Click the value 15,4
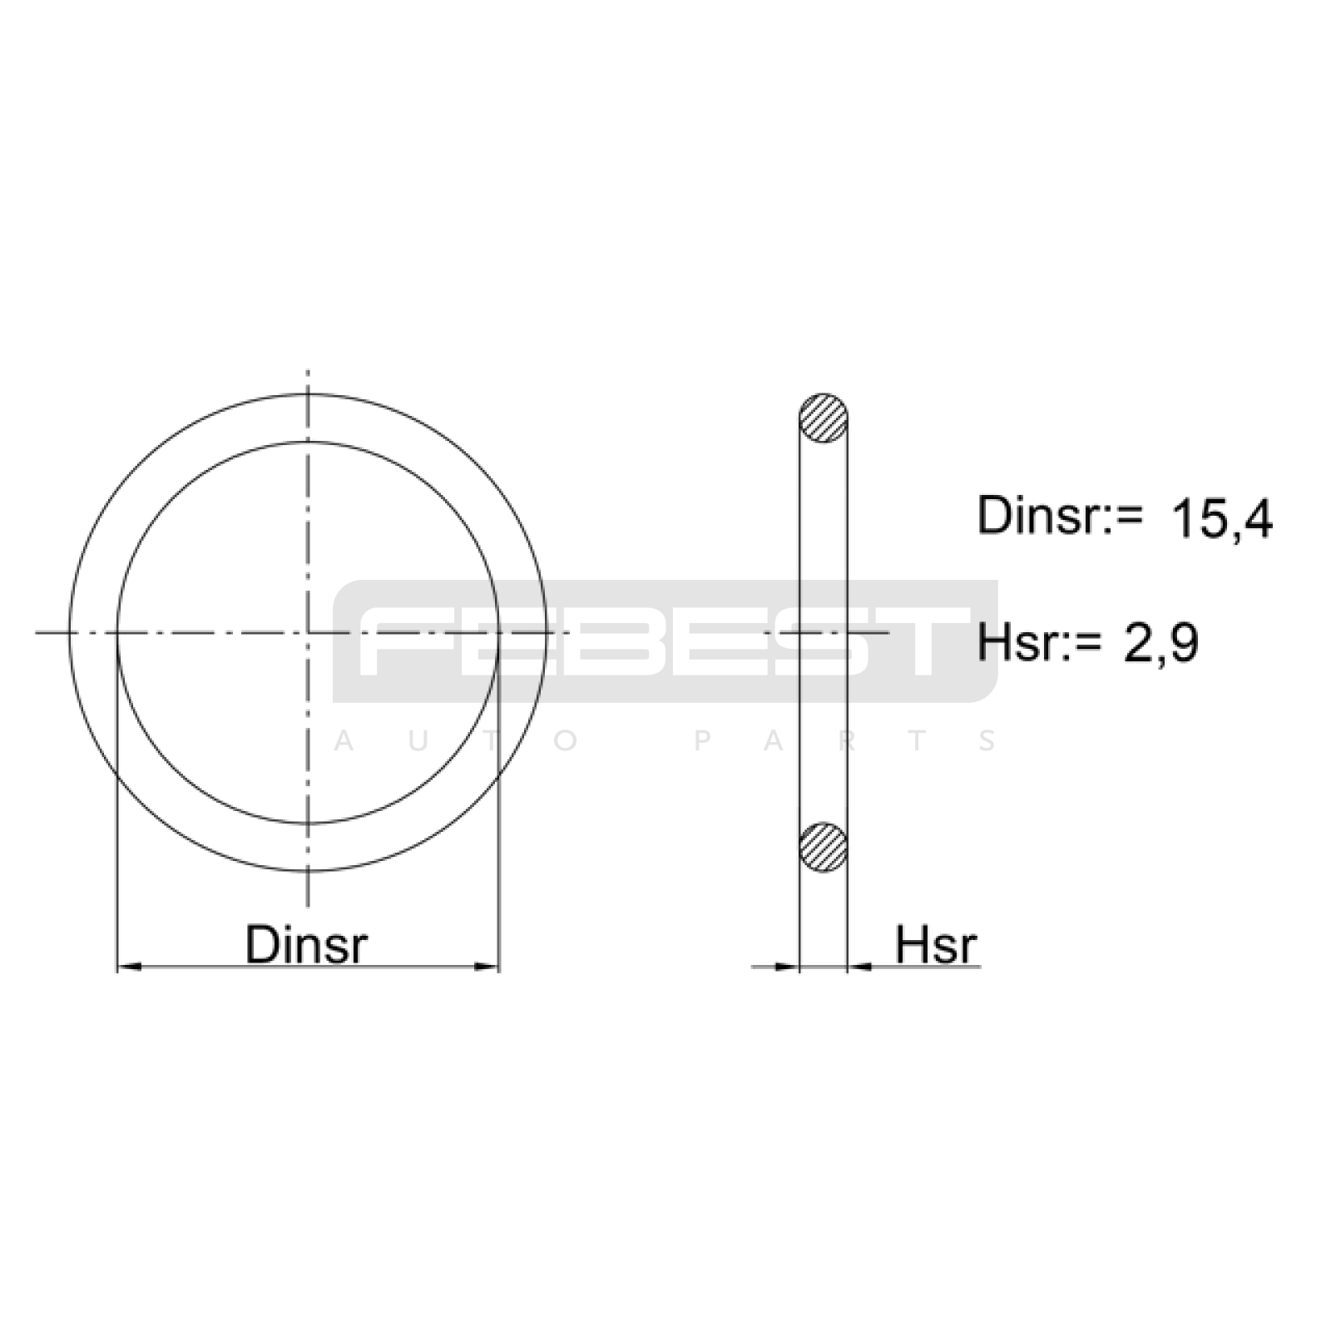point(1221,520)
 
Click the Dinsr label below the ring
point(306,944)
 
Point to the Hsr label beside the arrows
point(936,945)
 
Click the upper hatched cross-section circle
point(824,418)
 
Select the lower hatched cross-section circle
point(824,848)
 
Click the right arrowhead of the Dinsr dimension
point(487,967)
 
